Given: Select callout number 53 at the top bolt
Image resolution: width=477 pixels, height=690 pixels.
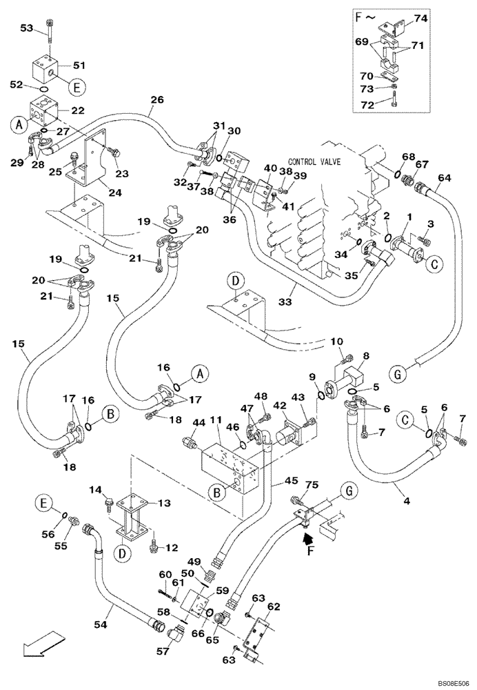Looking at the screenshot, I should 27,28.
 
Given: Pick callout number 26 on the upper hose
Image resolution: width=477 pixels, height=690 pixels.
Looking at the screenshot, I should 157,100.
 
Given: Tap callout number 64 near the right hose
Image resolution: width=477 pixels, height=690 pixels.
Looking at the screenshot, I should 444,178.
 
